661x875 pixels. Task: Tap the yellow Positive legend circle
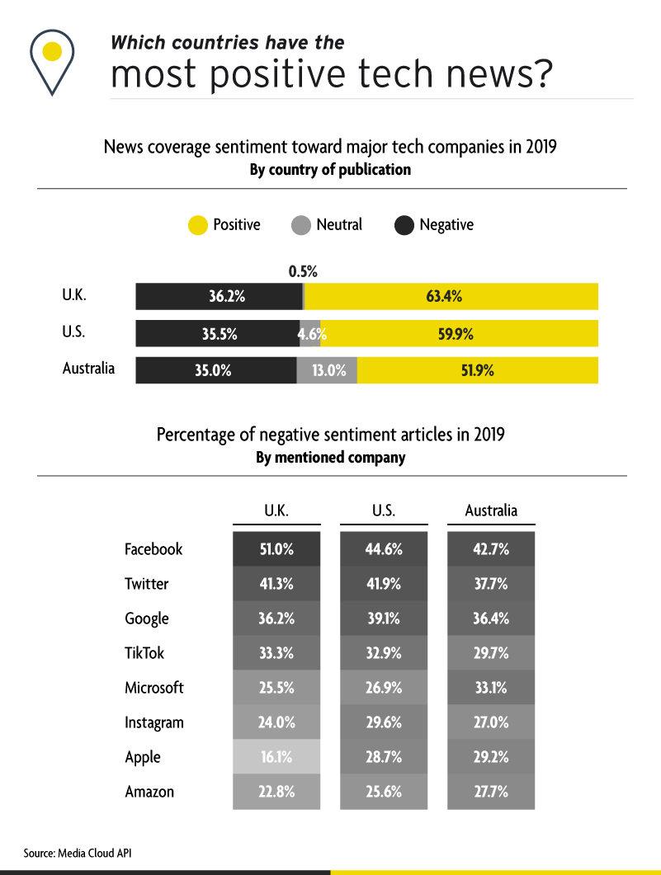[198, 225]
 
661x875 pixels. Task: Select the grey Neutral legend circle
[301, 225]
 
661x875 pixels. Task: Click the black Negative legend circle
[404, 225]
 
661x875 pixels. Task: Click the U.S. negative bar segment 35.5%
[218, 334]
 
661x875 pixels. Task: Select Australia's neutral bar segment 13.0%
[328, 370]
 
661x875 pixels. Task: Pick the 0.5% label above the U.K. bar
[303, 270]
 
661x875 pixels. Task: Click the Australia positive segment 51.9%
[478, 370]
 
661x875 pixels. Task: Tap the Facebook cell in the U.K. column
[276, 549]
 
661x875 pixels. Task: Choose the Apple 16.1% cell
[276, 757]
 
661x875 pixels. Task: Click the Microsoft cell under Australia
[491, 688]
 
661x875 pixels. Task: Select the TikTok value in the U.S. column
[384, 653]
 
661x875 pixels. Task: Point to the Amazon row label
[149, 792]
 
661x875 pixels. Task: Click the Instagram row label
[154, 722]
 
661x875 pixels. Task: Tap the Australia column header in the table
[491, 510]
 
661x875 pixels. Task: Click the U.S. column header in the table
[384, 510]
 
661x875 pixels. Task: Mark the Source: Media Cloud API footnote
[77, 853]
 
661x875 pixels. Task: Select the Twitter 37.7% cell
[491, 584]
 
